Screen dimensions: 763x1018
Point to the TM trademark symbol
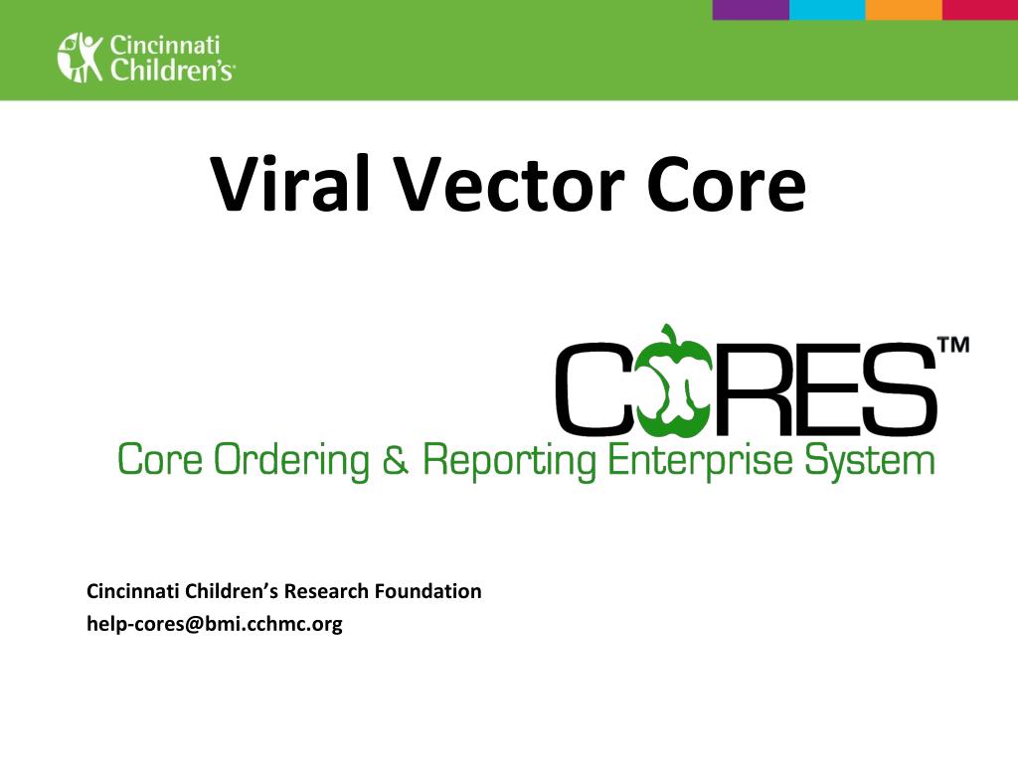pos(952,346)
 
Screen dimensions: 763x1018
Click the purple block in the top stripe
pos(751,9)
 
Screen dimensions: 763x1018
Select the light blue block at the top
pos(827,9)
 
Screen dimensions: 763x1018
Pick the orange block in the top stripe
pos(904,9)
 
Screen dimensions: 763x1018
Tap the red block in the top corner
pos(980,9)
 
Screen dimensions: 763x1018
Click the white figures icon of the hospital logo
pos(81,57)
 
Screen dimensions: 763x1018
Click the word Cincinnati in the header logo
pos(164,45)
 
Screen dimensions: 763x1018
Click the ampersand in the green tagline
pos(395,461)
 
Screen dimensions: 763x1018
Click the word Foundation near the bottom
pos(428,591)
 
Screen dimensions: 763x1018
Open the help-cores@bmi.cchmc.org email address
pos(215,624)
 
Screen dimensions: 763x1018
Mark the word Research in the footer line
pos(327,591)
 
